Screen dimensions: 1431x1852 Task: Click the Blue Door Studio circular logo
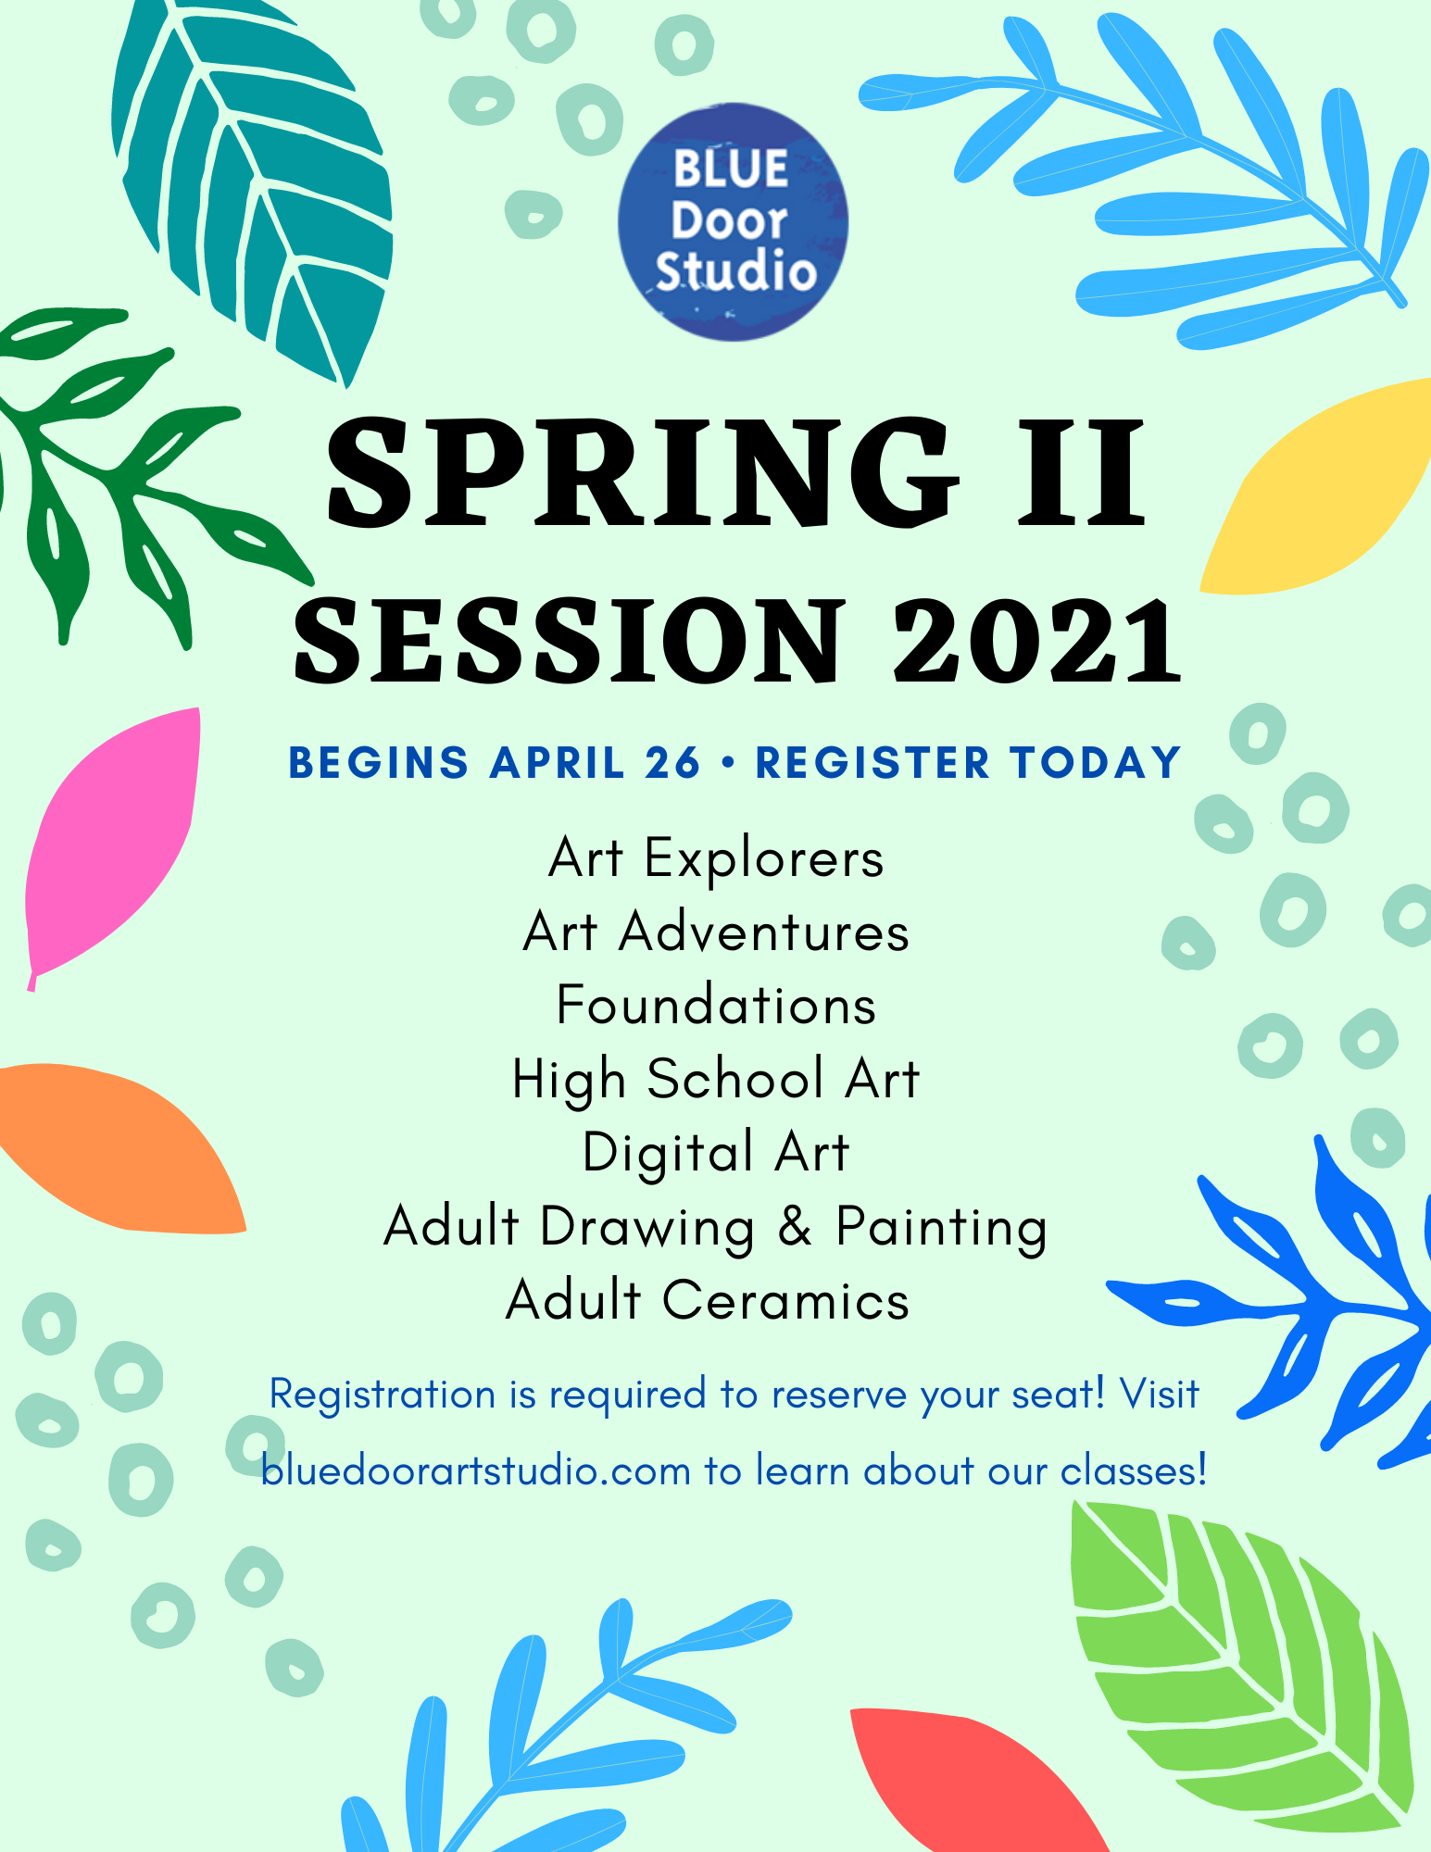[733, 222]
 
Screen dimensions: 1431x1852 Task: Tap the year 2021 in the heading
[1036, 641]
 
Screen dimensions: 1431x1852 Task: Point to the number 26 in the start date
[672, 762]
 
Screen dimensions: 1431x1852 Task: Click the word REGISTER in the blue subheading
[873, 762]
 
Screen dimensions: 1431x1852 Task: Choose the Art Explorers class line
[716, 857]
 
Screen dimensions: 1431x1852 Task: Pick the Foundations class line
[716, 1005]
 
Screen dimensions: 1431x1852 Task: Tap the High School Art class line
[716, 1080]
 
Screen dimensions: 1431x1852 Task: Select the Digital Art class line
[716, 1154]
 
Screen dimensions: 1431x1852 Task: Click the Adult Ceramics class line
[709, 1299]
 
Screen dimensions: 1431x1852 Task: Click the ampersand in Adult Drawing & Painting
[795, 1226]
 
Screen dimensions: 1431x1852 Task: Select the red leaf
[973, 1783]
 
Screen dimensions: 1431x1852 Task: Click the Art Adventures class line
[716, 931]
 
